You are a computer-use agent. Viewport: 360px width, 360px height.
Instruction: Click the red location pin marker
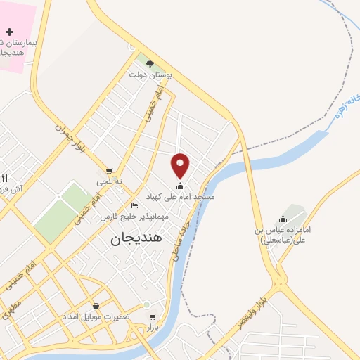181,165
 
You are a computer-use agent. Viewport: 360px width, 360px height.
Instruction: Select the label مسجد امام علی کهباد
181,197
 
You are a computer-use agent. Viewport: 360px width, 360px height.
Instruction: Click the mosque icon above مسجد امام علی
181,186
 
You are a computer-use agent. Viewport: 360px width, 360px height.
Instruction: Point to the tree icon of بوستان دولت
150,63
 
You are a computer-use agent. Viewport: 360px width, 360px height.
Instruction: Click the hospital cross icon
9,32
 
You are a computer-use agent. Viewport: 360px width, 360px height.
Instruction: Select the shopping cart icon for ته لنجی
109,171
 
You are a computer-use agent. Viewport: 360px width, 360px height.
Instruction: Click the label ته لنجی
110,181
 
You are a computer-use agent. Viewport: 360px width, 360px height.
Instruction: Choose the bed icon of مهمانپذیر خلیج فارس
134,206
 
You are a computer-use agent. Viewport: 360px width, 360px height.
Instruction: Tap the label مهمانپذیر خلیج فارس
134,217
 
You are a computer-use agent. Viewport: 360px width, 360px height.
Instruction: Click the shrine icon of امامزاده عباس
283,219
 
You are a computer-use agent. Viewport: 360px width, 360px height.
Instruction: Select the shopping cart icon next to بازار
152,317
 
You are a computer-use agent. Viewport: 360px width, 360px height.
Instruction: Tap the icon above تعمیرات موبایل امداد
96,306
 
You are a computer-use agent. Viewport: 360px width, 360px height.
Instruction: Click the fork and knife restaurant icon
5,178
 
